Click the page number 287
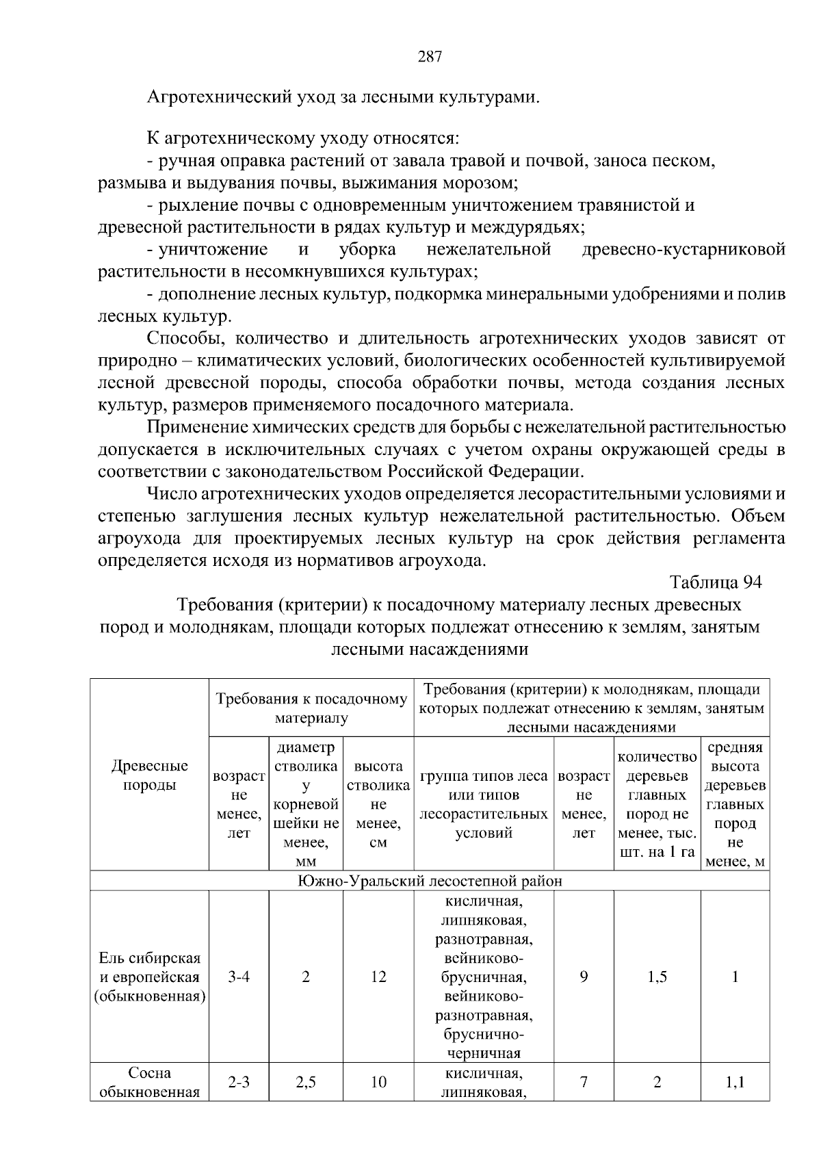430,57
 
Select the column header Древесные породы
149,775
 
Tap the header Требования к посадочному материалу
311,708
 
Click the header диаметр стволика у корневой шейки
306,804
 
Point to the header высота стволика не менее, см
378,804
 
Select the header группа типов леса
483,804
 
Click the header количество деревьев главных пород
657,804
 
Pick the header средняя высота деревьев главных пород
735,804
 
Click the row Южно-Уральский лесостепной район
430,880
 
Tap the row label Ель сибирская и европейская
149,977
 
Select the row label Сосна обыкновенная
149,1082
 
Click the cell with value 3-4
239,977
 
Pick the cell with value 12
378,977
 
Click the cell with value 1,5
657,977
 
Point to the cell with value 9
584,977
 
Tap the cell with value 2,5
306,1082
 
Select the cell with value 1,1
735,1082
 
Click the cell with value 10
378,1082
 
